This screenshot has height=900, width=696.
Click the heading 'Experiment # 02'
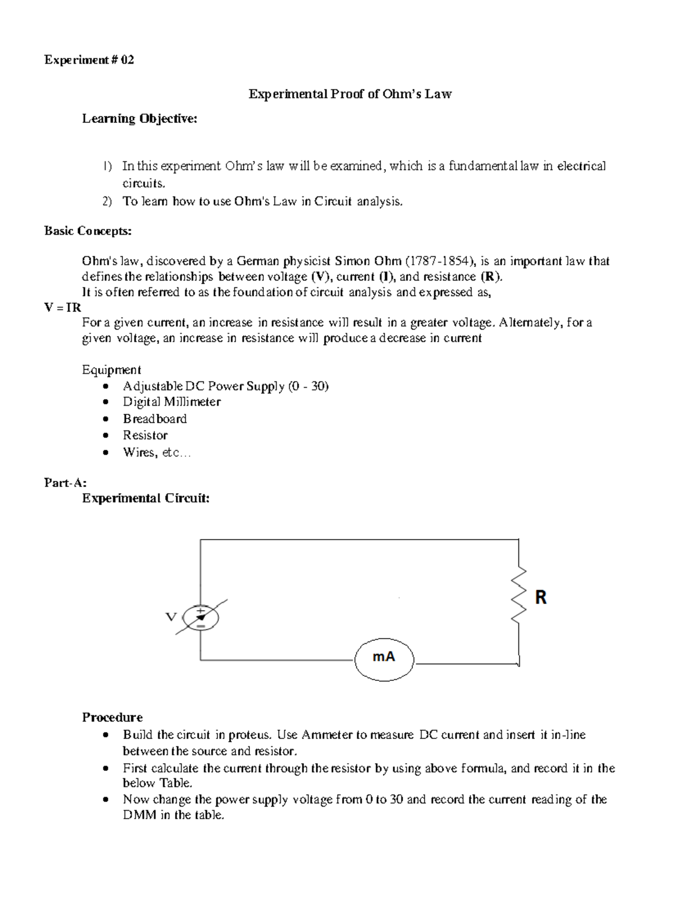pos(89,60)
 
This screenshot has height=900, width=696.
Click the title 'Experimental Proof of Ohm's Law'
pos(350,94)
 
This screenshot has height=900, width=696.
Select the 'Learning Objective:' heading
pos(139,119)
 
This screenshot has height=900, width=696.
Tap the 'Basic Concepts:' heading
pos(88,231)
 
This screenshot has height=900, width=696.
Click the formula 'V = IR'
pos(63,307)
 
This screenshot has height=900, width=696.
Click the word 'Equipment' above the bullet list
pos(111,370)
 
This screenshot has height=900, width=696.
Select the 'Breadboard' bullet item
pos(154,418)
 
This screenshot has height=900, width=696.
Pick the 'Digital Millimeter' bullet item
pos(171,402)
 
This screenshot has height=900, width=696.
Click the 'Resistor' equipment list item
pos(145,435)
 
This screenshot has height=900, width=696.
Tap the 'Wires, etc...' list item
pos(156,452)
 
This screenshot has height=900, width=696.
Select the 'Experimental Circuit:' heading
pos(146,498)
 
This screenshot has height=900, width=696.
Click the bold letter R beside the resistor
pos(541,597)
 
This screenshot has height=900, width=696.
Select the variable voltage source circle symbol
pos(201,618)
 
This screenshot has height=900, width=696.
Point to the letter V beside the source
pos(171,617)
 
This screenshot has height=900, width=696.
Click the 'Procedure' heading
pos(112,717)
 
